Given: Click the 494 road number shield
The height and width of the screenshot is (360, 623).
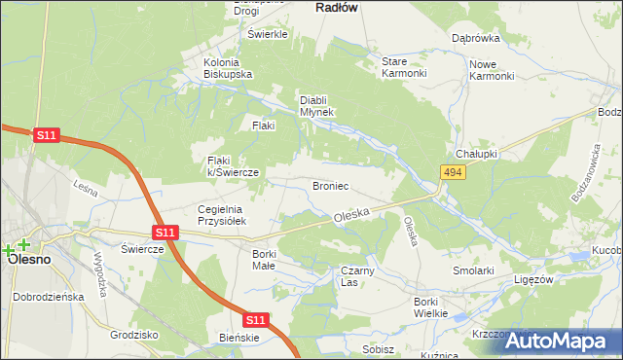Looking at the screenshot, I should tap(451, 172).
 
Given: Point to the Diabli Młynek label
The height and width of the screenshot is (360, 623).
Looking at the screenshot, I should tap(316, 105).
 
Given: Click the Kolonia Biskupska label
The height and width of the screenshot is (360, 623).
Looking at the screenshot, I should tap(228, 68).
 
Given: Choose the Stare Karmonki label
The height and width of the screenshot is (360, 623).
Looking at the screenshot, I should tap(404, 67).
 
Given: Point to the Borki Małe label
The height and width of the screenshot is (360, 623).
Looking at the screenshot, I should tap(264, 260).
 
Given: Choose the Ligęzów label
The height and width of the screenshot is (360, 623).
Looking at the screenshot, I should tap(533, 278).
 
